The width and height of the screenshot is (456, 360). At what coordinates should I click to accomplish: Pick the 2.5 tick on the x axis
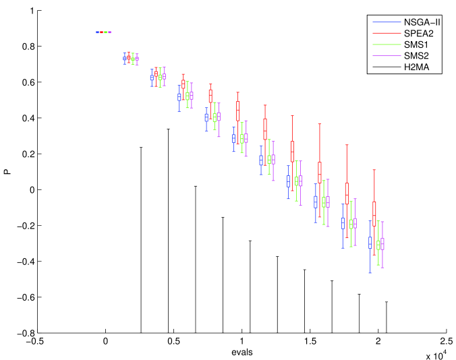pos(445,342)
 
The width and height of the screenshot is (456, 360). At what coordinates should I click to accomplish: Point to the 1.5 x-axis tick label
pos(310,342)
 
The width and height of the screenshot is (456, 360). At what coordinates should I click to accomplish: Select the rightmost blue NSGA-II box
pos(370,243)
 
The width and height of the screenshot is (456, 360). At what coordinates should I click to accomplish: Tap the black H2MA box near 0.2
pos(292,151)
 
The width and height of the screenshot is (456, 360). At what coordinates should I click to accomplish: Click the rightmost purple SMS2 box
pos(382,243)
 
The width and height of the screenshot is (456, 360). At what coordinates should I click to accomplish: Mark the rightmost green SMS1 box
pos(378,244)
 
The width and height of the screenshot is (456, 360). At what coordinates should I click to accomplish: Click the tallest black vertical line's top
pos(168,129)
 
